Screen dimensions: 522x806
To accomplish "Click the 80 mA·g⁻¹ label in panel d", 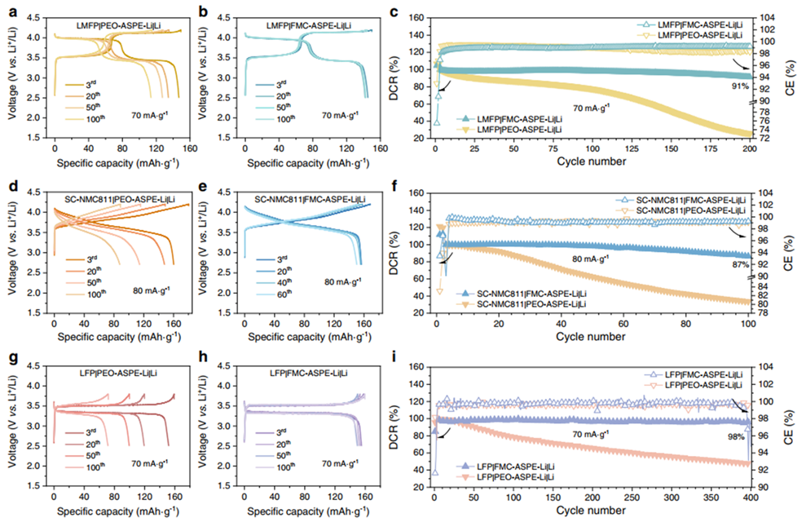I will coord(152,290).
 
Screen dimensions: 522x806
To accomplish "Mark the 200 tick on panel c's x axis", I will coord(748,148).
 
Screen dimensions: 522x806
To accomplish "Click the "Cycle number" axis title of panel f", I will coord(592,336).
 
